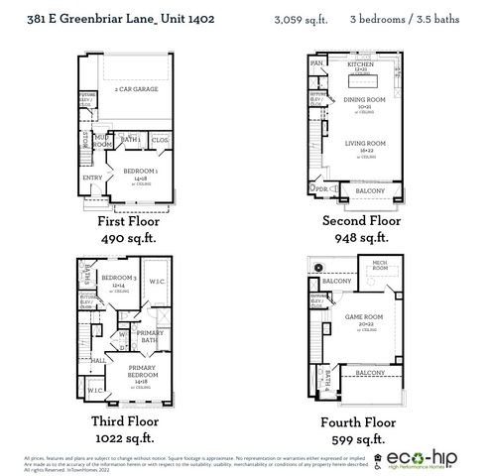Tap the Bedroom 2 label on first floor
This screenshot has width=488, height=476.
pyautogui.click(x=137, y=171)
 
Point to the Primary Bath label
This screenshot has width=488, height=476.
pyautogui.click(x=149, y=335)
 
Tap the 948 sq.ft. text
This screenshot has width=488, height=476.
pyautogui.click(x=356, y=238)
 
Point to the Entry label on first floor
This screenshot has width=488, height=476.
pyautogui.click(x=93, y=178)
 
